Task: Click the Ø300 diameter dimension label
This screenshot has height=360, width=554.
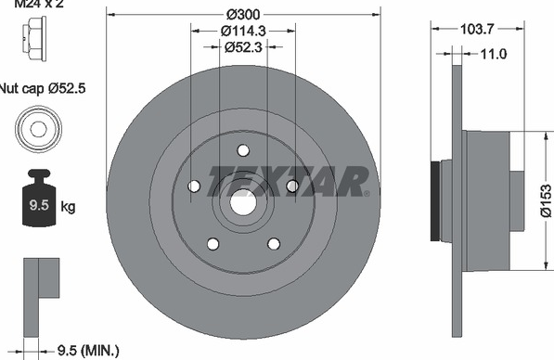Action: (x=243, y=15)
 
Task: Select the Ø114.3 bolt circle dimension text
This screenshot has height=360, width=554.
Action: (x=243, y=32)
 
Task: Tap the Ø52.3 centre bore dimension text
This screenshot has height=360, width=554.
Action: (x=243, y=46)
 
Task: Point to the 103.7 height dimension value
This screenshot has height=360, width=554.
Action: (x=477, y=29)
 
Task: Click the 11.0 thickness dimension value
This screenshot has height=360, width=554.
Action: (x=494, y=54)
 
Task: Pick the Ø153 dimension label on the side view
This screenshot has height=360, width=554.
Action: (x=546, y=200)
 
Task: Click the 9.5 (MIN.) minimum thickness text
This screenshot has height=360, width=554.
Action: (x=88, y=351)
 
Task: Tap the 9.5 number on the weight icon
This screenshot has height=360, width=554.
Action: (x=39, y=205)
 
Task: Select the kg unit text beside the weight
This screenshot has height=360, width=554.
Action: (x=68, y=206)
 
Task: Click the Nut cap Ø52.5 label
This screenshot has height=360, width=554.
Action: (x=42, y=88)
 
